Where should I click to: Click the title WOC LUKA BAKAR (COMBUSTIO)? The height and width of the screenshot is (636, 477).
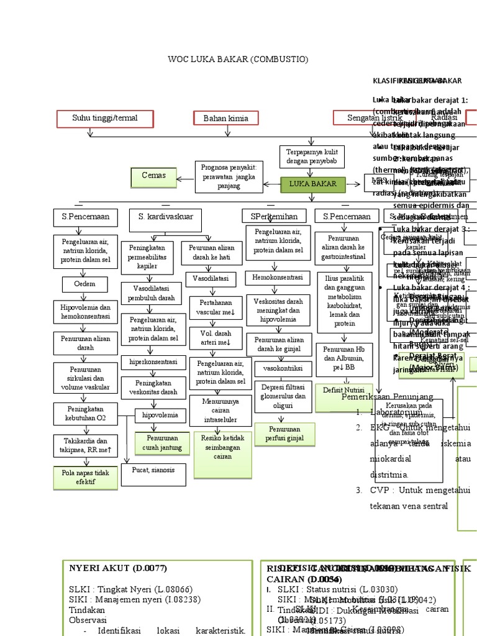point(238,59)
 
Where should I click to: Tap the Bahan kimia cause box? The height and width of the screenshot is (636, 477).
point(230,118)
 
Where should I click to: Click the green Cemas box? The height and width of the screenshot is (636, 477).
point(153,176)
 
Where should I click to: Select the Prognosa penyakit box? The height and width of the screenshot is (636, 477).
point(229,176)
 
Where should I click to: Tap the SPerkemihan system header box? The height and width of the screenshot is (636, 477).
point(274,217)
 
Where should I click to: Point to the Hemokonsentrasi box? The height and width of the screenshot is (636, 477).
point(274,277)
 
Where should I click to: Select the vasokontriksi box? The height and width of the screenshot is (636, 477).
point(282,368)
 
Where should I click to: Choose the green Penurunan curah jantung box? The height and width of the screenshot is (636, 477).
point(162,443)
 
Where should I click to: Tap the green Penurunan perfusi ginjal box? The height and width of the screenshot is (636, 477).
point(286,434)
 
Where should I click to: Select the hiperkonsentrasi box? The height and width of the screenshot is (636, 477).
point(153,362)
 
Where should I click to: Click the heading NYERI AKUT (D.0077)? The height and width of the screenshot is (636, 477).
point(118,568)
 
